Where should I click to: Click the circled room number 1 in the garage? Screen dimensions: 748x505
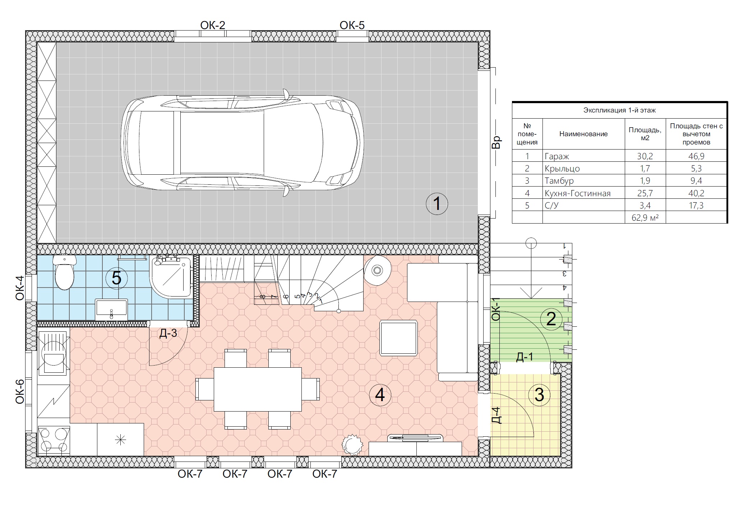click(437, 204)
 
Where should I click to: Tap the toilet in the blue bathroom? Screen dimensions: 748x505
click(65, 272)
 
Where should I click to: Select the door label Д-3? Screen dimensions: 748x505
click(168, 333)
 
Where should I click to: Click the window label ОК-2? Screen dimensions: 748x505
click(213, 25)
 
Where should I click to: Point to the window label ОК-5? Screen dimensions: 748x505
click(352, 25)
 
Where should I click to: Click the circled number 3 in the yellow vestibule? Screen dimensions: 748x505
click(539, 395)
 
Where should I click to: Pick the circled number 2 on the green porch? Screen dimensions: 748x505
click(551, 319)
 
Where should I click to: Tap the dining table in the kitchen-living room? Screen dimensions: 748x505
click(258, 389)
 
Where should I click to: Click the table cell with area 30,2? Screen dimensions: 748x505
click(645, 156)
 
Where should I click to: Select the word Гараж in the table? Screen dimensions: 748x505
click(557, 156)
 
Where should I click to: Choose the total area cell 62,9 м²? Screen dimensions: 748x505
click(645, 217)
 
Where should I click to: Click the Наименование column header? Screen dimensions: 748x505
click(583, 134)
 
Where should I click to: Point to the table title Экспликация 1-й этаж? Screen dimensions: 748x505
click(619, 110)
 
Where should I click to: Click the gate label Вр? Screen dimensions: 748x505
click(496, 142)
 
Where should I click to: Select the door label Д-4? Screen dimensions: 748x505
click(496, 415)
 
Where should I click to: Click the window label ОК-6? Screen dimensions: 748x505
click(20, 391)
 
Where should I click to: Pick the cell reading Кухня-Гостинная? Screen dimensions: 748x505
click(578, 193)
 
